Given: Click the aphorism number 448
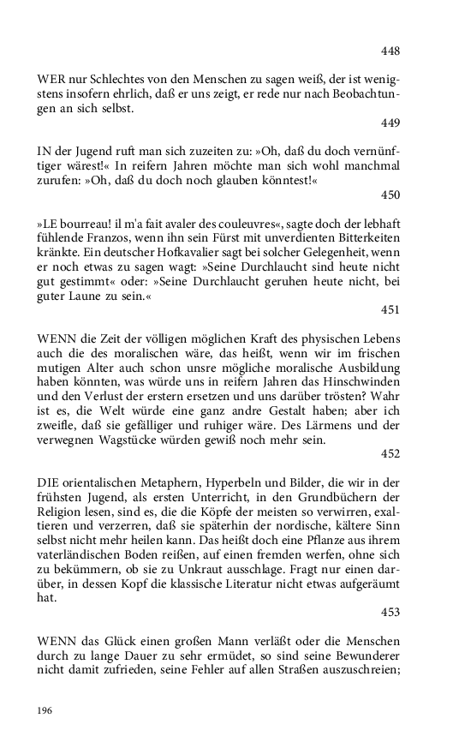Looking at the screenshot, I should click(391, 51).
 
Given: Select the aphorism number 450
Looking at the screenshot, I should click(391, 194).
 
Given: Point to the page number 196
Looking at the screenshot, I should click(45, 710).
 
